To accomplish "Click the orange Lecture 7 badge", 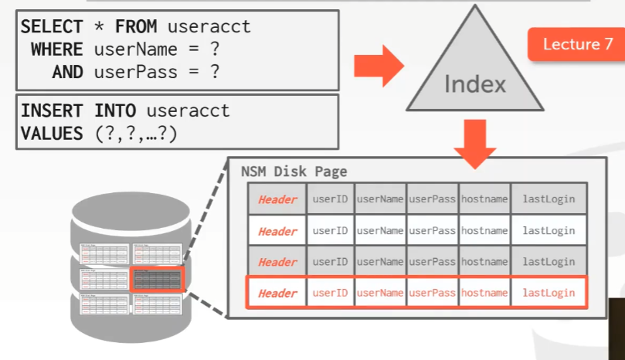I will (x=572, y=45).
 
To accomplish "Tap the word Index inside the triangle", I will (x=474, y=83).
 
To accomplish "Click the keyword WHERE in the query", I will (x=56, y=49).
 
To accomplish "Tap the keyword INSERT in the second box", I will (x=53, y=111).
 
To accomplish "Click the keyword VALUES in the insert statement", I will (x=51, y=133).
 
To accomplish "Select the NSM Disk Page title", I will (x=294, y=172).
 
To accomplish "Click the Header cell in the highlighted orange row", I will (x=277, y=294).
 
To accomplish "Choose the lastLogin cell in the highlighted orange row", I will (x=549, y=294).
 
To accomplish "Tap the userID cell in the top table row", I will (x=330, y=199).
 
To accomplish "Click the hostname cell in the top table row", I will (x=484, y=199).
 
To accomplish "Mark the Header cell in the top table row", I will (x=277, y=199).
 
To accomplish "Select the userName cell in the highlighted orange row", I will (x=380, y=294).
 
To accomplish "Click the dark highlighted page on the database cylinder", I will (x=157, y=278).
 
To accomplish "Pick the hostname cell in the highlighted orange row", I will (x=484, y=294).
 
